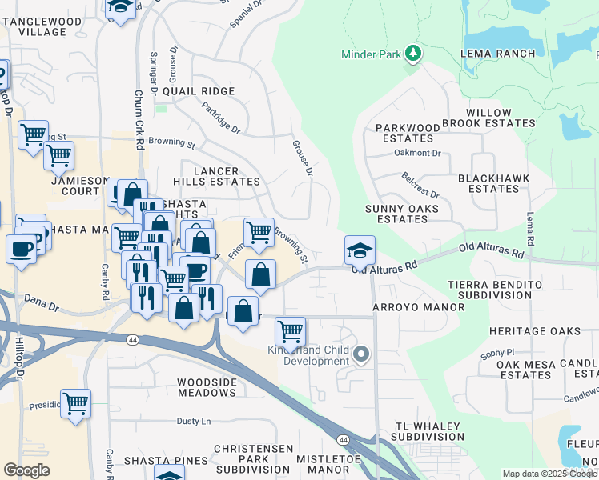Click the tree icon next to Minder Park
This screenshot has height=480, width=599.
tap(413, 54)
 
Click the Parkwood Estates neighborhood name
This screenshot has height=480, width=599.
tap(408, 133)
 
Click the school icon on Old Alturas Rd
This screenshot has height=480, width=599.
tap(360, 250)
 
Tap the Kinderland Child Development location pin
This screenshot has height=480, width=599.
tap(361, 354)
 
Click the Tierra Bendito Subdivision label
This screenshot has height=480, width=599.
tap(501, 290)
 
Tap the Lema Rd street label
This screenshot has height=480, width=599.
tap(529, 230)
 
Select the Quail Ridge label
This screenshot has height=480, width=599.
tap(199, 91)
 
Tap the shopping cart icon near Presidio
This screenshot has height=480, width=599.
tap(75, 404)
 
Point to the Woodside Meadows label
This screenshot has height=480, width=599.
tap(207, 388)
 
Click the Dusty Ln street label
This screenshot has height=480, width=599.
tap(193, 421)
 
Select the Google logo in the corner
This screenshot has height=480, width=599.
tap(27, 470)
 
